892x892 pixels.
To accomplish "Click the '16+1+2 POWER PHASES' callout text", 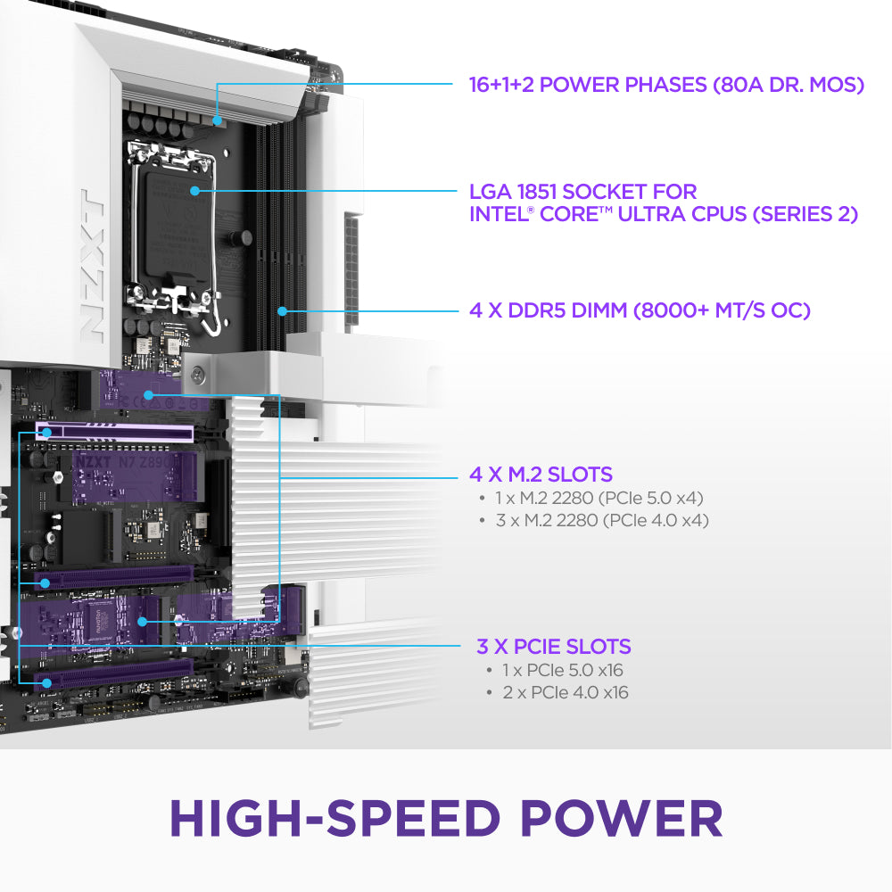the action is point(588,85).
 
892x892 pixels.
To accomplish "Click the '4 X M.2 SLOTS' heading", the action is point(541,475).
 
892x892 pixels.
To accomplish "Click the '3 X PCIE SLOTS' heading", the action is point(554,647).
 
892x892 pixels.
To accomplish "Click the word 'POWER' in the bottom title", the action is point(621,819).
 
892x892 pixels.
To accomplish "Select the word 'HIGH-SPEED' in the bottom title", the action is point(334,819).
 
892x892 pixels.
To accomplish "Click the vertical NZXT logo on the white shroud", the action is point(92,266).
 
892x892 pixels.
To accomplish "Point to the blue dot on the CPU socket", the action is point(194,191).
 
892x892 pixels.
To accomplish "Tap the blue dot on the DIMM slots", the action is point(282,311).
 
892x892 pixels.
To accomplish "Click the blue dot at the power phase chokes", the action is point(217,120).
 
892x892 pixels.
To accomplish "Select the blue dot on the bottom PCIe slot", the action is point(47,682).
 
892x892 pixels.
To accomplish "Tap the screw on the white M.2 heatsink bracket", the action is point(198,375).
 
